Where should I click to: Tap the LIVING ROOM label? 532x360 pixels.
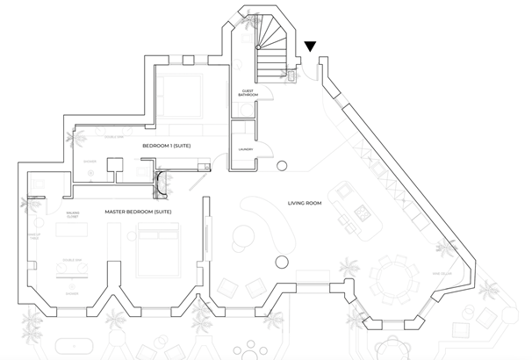point(306,204)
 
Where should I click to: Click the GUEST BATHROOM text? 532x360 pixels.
point(248,92)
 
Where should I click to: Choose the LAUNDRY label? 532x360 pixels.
point(246,149)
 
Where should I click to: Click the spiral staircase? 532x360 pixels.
point(269,40)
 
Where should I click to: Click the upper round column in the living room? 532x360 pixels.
point(282,166)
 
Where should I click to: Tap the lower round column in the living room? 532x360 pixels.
point(282,261)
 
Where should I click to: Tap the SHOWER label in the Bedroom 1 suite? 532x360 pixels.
point(90,162)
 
